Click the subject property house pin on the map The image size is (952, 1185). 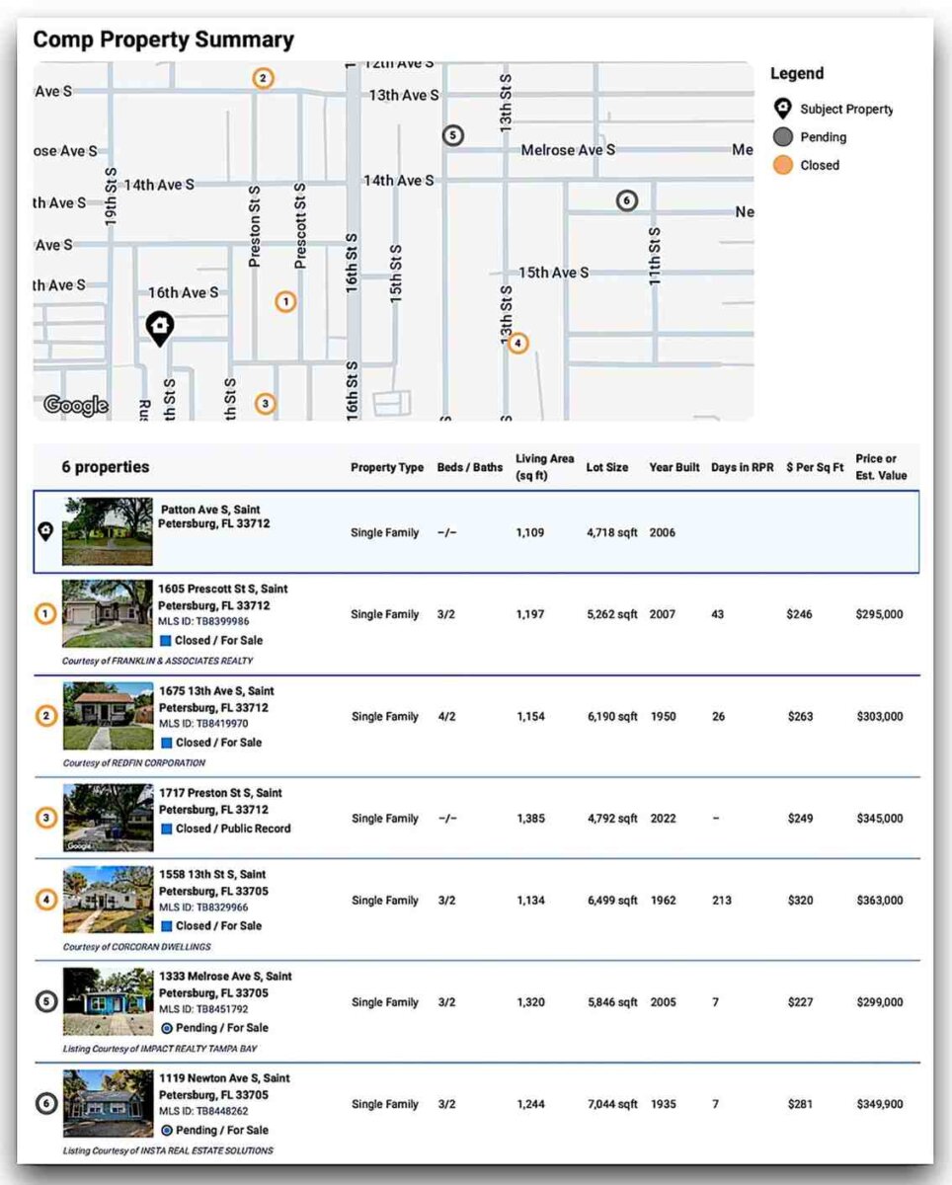pyautogui.click(x=159, y=327)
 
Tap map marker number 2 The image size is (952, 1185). pyautogui.click(x=263, y=78)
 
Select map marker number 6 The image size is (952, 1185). pyautogui.click(x=626, y=200)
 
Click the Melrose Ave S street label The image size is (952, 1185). pyautogui.click(x=568, y=150)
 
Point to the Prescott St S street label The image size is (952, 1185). pyautogui.click(x=300, y=225)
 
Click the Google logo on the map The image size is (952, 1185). pyautogui.click(x=75, y=405)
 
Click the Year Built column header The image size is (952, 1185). pyautogui.click(x=674, y=467)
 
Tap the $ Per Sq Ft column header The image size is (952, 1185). pyautogui.click(x=815, y=467)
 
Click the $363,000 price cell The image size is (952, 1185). pyautogui.click(x=879, y=901)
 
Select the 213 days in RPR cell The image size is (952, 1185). pyautogui.click(x=721, y=901)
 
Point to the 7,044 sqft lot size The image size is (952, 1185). pyautogui.click(x=612, y=1104)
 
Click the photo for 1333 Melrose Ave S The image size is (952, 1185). pyautogui.click(x=108, y=1001)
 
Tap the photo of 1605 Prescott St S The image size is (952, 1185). pyautogui.click(x=108, y=614)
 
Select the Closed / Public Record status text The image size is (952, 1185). pyautogui.click(x=233, y=829)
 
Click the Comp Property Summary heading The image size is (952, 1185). pyautogui.click(x=164, y=39)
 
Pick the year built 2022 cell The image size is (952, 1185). pyautogui.click(x=663, y=819)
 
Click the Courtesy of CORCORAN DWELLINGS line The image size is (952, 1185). pyautogui.click(x=136, y=947)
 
